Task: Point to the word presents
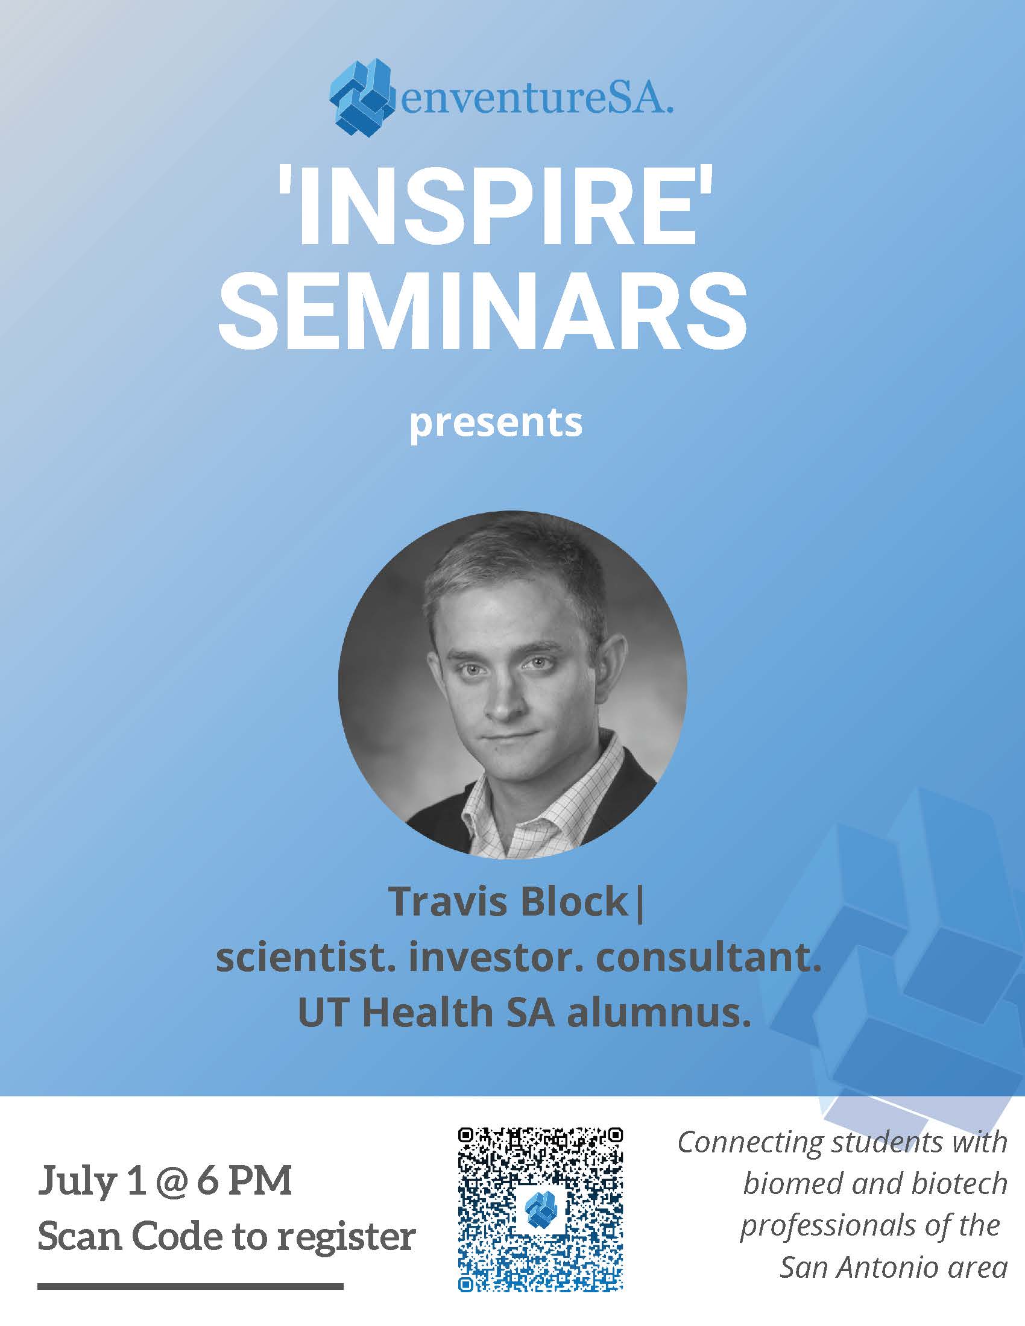(496, 423)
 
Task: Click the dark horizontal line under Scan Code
(190, 1286)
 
